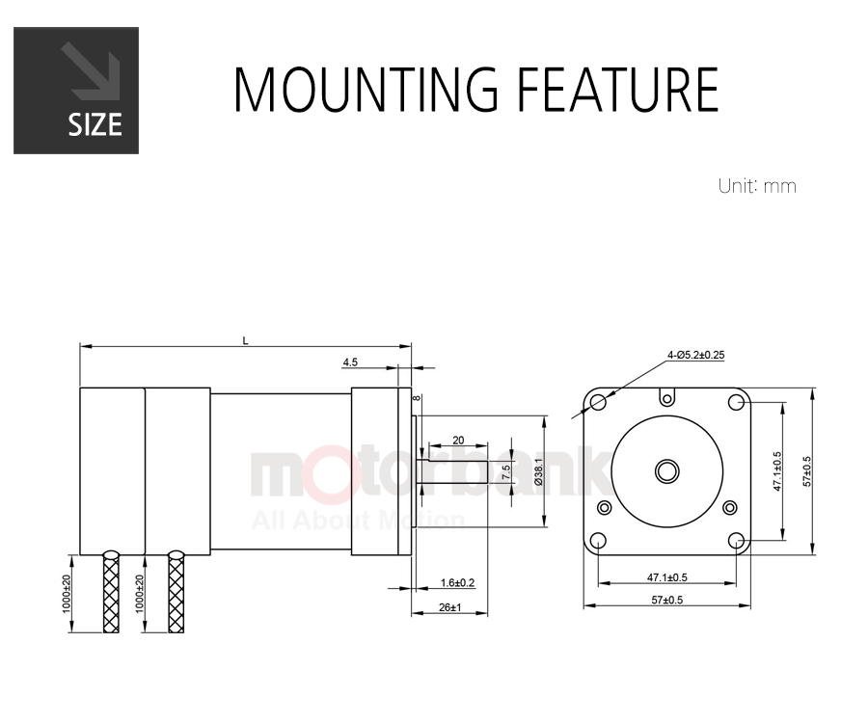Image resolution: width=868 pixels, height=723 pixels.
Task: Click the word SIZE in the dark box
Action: [x=95, y=124]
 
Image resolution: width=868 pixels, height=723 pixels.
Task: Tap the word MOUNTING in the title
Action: [x=366, y=89]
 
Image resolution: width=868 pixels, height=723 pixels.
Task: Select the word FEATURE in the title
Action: [x=617, y=89]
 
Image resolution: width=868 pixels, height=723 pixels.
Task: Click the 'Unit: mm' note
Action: [x=757, y=186]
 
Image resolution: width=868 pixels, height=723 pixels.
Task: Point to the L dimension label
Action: [x=245, y=340]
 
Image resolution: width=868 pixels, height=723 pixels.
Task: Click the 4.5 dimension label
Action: [x=350, y=362]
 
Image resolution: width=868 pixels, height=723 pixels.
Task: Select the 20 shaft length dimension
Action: [x=458, y=441]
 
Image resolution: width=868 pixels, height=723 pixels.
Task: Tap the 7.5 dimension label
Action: [x=505, y=471]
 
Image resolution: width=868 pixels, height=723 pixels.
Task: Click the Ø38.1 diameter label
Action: [x=538, y=471]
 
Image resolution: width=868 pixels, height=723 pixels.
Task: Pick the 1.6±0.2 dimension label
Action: [x=457, y=582]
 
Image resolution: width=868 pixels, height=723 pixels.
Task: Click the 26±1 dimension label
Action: [x=449, y=607]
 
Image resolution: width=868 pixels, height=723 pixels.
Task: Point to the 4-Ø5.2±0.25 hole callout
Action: [x=695, y=355]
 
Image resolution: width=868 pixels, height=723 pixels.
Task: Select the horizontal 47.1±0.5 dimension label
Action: [x=667, y=577]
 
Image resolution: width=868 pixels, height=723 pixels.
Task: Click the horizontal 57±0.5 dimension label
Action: [x=667, y=600]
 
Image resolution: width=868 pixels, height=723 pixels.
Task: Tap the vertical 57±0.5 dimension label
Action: [x=806, y=471]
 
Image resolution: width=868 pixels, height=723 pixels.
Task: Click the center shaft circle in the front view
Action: [x=667, y=471]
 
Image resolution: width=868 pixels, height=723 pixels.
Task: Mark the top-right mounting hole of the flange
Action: [x=736, y=402]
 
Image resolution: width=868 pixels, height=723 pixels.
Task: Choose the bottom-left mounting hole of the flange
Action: [x=598, y=541]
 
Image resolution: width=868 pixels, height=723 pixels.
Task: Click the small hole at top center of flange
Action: [x=667, y=398]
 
